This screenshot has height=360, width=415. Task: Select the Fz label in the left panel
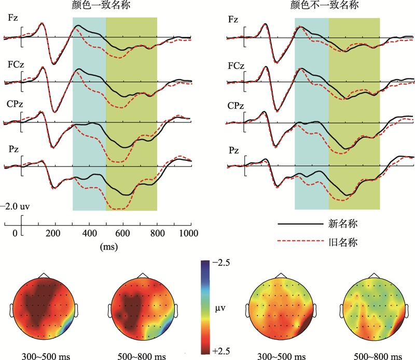pyautogui.click(x=13, y=19)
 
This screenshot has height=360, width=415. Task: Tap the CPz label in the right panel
pyautogui.click(x=236, y=106)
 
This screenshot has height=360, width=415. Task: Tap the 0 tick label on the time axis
pyautogui.click(x=15, y=232)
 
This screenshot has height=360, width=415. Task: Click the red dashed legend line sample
pyautogui.click(x=299, y=242)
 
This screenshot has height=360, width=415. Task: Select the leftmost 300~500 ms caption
pyautogui.click(x=44, y=355)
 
